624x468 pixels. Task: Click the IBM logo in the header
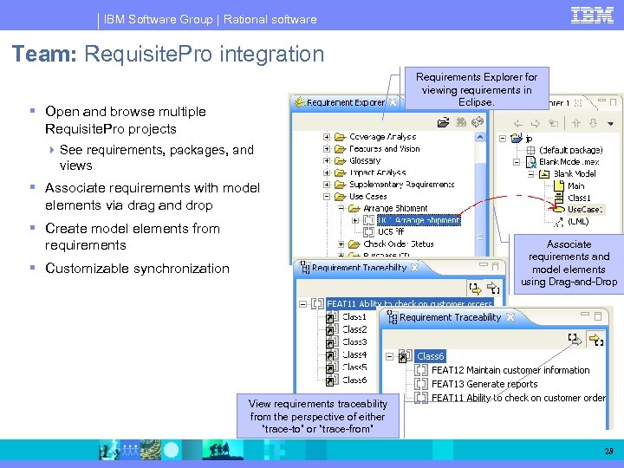(x=592, y=15)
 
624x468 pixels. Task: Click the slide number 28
(x=608, y=451)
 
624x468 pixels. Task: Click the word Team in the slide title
(x=43, y=54)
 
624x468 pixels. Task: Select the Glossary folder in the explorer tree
(x=365, y=160)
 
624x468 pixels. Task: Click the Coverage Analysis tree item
(x=382, y=137)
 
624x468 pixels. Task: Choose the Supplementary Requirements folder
(x=401, y=184)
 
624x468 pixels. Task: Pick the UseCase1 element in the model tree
(x=585, y=209)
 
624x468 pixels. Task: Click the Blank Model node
(x=574, y=173)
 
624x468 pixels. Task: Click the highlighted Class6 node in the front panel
(x=430, y=356)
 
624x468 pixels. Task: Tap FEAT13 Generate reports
(x=484, y=384)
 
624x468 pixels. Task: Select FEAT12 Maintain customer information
(x=510, y=370)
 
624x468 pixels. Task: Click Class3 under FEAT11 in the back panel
(x=354, y=341)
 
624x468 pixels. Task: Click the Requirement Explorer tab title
(x=345, y=102)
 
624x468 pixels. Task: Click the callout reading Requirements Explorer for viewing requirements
(x=477, y=89)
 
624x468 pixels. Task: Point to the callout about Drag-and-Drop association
(x=569, y=263)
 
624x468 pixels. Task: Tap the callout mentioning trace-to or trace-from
(x=318, y=416)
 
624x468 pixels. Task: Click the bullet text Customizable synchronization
(x=137, y=268)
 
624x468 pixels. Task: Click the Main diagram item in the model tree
(x=575, y=185)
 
